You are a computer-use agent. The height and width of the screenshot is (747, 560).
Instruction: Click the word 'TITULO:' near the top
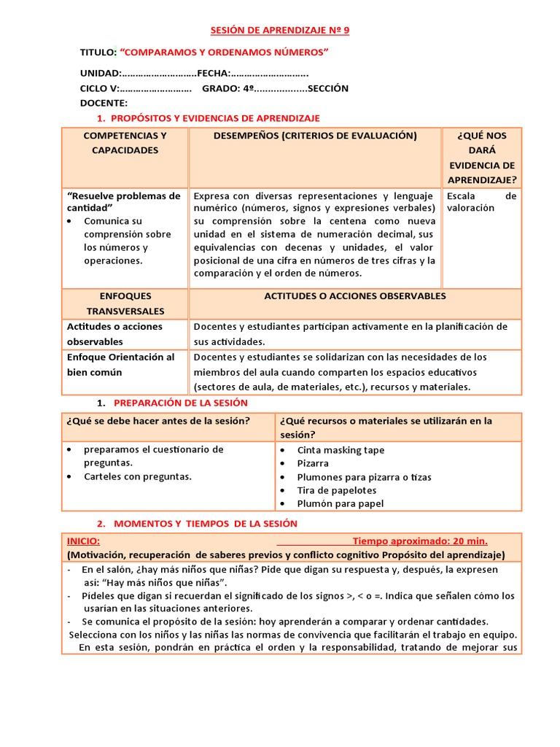coord(98,53)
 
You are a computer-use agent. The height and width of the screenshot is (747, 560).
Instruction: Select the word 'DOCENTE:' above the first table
coord(104,103)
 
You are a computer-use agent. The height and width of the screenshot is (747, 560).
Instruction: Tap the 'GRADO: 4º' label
coord(227,88)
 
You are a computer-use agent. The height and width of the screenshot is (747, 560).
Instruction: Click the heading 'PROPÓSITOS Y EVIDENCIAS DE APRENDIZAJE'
coord(215,118)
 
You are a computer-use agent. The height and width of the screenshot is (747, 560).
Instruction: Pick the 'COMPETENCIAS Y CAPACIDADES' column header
coord(125,143)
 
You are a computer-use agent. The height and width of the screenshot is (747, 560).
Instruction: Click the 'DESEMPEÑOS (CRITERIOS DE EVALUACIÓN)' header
coord(315,136)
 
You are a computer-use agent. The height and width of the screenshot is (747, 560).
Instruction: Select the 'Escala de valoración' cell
coord(481,202)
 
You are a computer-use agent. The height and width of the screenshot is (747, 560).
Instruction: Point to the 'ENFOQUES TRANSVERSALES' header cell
coord(125,303)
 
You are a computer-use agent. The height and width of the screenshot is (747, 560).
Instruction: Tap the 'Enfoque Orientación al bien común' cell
coord(121,365)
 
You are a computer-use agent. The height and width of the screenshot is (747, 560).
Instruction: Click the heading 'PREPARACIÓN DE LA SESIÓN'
coord(180,403)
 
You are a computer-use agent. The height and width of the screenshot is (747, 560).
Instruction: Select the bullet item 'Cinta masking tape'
coord(341,450)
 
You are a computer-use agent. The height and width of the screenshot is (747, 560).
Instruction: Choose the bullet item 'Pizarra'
coord(313,463)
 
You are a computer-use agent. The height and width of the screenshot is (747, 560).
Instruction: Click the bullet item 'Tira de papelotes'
coord(336,490)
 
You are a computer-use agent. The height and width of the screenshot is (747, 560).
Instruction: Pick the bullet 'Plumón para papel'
coord(340,503)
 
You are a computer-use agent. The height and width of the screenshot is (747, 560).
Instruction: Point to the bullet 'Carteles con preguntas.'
coord(138,476)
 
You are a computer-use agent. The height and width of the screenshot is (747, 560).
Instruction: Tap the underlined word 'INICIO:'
coord(83,541)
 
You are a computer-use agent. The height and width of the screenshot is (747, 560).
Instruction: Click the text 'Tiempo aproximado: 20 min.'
coord(420,541)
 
